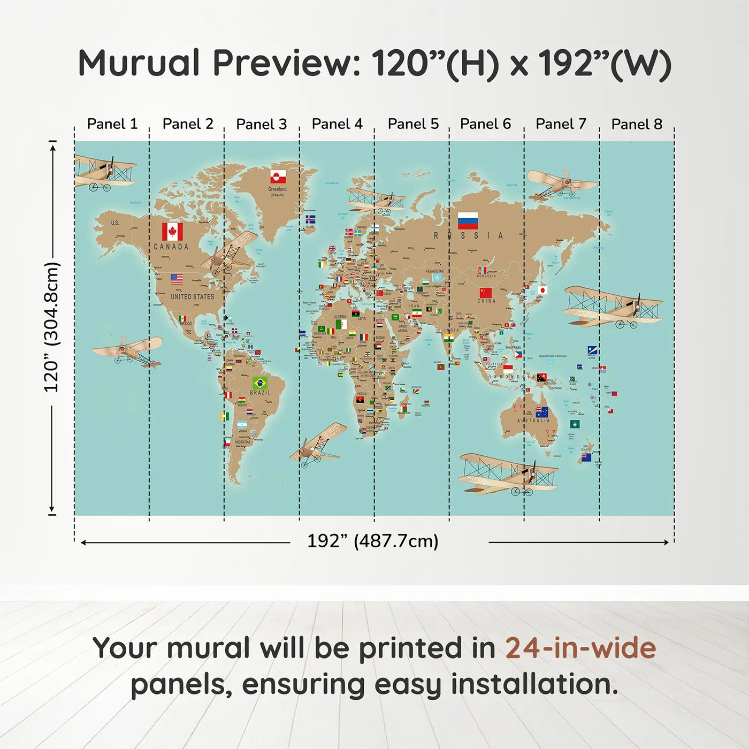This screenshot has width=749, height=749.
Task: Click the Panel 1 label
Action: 112,124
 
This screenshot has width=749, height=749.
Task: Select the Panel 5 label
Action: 413,124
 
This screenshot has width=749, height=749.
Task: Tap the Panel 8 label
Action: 637,124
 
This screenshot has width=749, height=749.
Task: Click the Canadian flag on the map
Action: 172,232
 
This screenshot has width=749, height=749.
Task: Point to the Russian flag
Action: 468,220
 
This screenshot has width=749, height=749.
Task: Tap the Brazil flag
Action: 260,383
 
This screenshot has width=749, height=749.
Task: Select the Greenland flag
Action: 278,177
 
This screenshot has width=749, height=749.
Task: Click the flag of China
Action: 485,293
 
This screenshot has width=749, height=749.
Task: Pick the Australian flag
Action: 542,412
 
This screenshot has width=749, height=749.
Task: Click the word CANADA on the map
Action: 171,247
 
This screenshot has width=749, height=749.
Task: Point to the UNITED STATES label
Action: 192,296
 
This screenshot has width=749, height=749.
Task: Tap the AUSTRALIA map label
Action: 533,421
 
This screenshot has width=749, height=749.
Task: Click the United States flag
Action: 177,279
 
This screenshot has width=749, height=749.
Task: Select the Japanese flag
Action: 542,291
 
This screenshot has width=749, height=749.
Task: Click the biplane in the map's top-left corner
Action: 104,173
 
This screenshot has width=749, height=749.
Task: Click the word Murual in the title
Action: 139,63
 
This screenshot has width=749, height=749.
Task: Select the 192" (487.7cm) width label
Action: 372,541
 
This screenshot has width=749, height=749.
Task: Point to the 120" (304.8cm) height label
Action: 51,326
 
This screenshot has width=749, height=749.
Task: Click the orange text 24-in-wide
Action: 580,648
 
